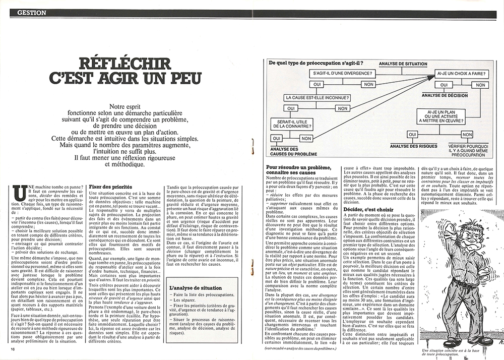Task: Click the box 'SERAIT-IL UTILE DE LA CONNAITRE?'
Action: click(x=292, y=124)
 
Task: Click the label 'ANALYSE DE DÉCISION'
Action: click(x=446, y=95)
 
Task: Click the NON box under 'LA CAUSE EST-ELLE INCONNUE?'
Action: click(x=343, y=108)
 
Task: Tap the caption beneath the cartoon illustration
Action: click(x=452, y=351)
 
